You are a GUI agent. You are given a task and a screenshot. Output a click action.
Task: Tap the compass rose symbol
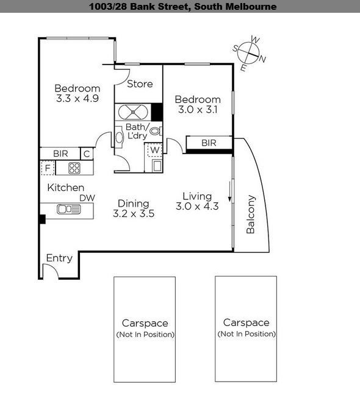pos(250,52)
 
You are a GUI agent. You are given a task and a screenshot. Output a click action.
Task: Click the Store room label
pos(140,84)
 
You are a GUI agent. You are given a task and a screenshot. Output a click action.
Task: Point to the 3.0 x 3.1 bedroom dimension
pos(198,110)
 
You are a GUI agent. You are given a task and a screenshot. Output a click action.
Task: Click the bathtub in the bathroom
pos(132,112)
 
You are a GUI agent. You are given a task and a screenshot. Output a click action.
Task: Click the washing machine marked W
pos(155,149)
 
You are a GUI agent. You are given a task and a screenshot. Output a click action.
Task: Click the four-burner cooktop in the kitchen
pos(74,168)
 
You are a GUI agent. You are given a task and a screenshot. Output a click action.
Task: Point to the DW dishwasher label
pos(85,197)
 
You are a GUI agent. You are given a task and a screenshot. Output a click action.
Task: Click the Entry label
pos(59,258)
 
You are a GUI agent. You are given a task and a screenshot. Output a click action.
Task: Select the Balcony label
pos(251,215)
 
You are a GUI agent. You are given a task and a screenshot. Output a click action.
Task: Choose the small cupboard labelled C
pos(87,154)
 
